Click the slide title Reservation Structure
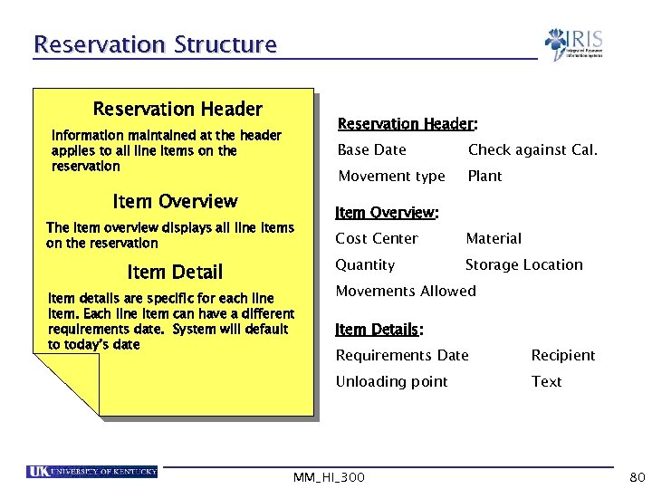tap(154, 43)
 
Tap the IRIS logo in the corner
tap(573, 43)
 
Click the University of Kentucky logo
tap(92, 471)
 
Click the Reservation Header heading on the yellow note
tap(177, 110)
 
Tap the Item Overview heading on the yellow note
tap(175, 201)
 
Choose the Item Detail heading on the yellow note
tap(175, 272)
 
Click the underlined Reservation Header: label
tap(407, 123)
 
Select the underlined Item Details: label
tap(379, 329)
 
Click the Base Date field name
tap(371, 149)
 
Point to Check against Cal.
tap(532, 149)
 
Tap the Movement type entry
tap(391, 176)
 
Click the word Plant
tap(484, 176)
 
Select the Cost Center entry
tap(377, 238)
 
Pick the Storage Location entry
tap(523, 264)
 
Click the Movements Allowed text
tap(406, 291)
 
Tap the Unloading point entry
tap(391, 381)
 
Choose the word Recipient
tap(562, 355)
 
